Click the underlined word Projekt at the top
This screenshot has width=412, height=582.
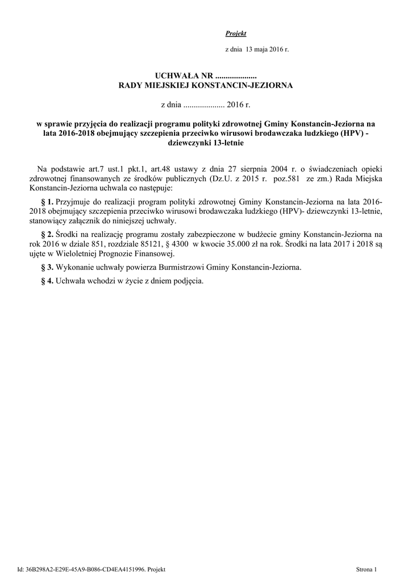236,34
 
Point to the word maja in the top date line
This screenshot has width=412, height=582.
261,49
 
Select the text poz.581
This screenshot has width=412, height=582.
289,178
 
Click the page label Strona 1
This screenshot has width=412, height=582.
367,569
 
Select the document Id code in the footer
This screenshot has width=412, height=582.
82,569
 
